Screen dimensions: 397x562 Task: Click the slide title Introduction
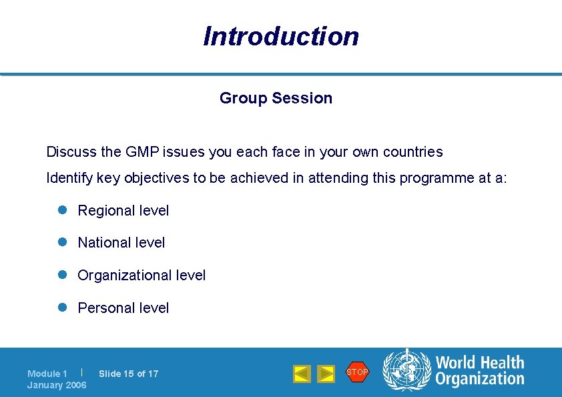(281, 36)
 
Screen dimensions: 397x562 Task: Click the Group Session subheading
(276, 98)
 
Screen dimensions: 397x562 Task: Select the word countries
(412, 152)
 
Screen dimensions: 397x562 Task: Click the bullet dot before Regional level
(60, 210)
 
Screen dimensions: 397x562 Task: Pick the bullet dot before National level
(60, 243)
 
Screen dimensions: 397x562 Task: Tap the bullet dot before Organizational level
(60, 275)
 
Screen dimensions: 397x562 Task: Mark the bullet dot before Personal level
(60, 308)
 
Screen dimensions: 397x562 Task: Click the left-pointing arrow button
(302, 374)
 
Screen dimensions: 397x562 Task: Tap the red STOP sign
(357, 372)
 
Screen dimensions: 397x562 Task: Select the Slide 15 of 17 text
(129, 374)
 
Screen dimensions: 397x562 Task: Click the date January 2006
(57, 386)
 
